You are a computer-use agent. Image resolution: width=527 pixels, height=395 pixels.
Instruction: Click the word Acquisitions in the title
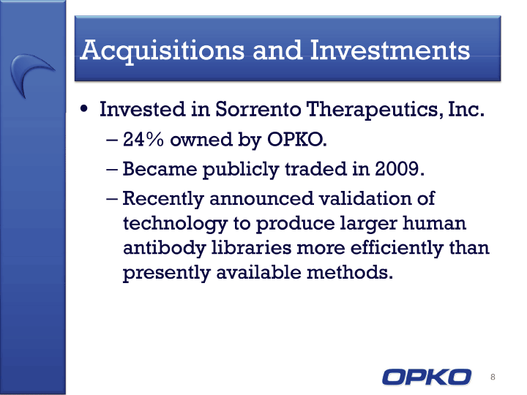[162, 51]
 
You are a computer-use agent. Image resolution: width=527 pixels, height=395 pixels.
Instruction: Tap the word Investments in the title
[390, 50]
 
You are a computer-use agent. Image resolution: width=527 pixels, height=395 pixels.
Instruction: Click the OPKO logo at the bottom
[427, 377]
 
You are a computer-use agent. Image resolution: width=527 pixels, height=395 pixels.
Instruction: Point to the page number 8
[493, 377]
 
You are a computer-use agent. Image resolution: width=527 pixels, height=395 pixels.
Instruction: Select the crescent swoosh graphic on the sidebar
[23, 69]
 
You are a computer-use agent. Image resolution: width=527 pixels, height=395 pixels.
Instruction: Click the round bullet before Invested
[84, 109]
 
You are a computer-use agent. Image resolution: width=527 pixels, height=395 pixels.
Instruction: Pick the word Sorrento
[258, 109]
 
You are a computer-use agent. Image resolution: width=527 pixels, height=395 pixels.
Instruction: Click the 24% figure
[143, 139]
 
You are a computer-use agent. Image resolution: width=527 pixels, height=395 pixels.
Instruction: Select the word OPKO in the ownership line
[296, 139]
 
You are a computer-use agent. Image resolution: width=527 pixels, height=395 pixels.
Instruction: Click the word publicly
[241, 170]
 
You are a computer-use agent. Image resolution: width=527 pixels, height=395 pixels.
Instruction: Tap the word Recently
[163, 199]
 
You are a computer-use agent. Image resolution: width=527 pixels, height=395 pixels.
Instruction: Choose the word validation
[365, 198]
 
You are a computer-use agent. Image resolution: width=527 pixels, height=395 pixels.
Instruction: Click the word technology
[175, 224]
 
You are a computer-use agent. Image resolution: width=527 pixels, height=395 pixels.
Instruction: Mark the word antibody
[165, 249]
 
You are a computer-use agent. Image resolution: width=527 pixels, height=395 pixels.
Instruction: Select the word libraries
[251, 247]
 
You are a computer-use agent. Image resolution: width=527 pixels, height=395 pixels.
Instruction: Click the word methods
[350, 272]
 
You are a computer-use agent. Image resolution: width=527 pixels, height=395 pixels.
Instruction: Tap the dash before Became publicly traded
[111, 170]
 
